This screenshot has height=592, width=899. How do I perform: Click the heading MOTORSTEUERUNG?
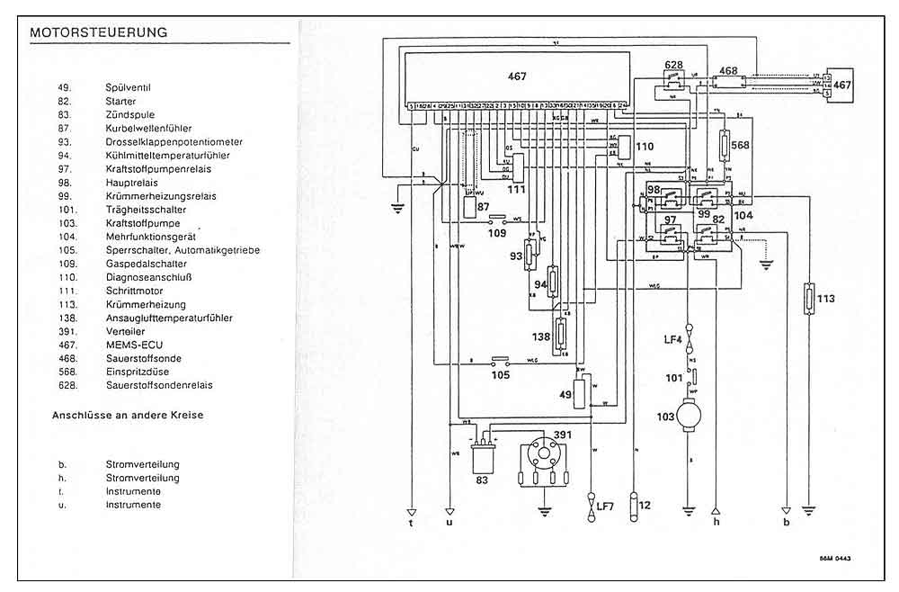pyautogui.click(x=99, y=32)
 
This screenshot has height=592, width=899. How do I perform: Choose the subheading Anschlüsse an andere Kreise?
pyautogui.click(x=128, y=416)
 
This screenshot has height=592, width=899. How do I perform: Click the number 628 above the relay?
pyautogui.click(x=674, y=65)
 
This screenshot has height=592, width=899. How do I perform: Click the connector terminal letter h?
pyautogui.click(x=716, y=521)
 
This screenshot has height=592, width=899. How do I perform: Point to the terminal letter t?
pyautogui.click(x=411, y=522)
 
